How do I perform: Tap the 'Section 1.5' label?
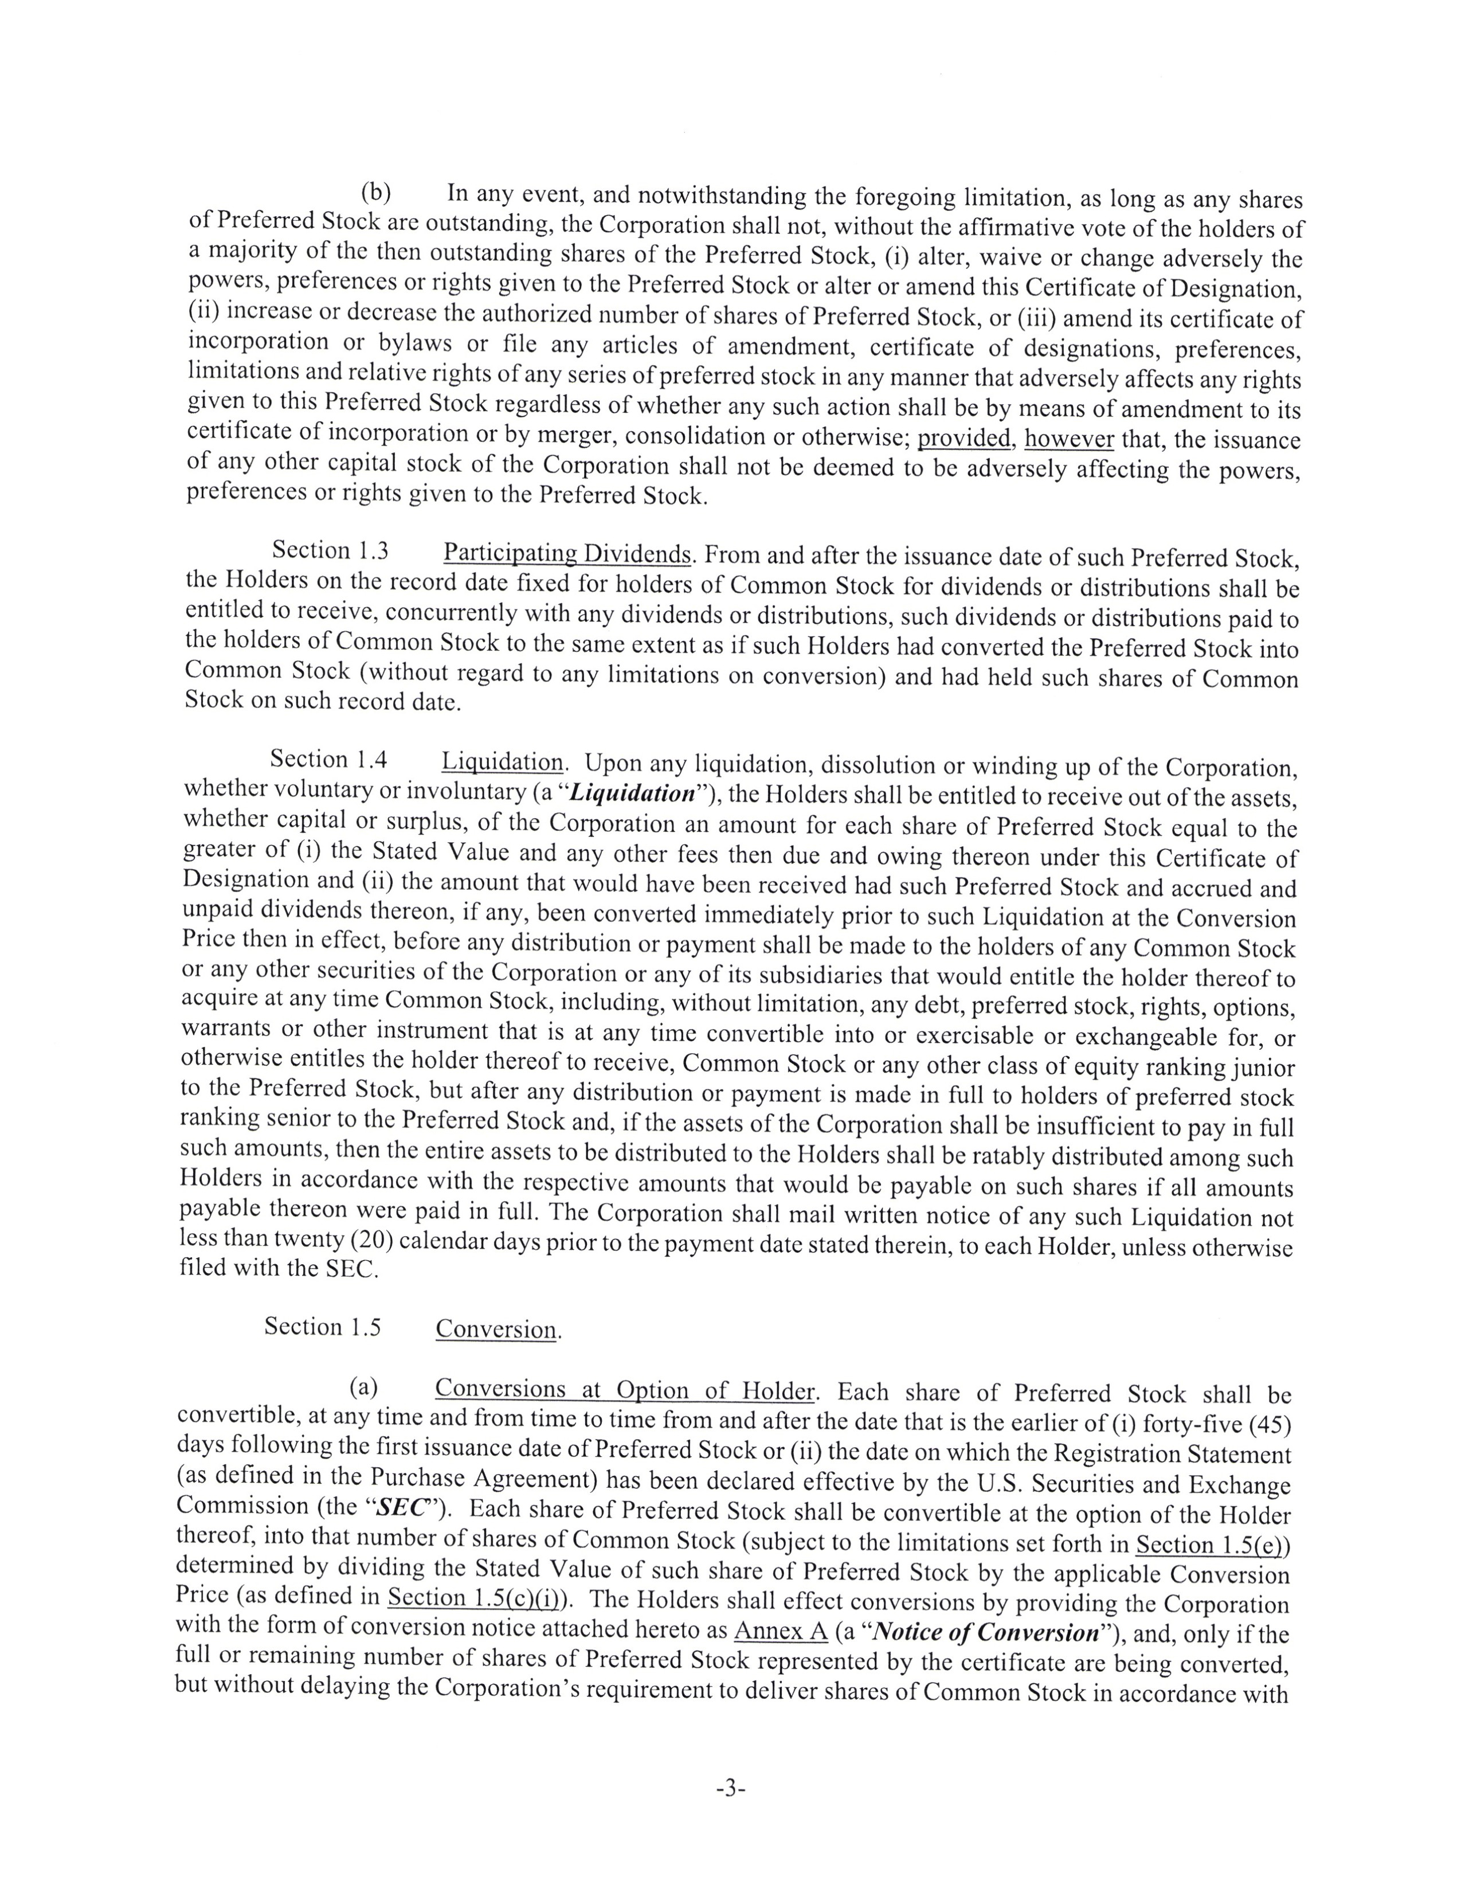(322, 1327)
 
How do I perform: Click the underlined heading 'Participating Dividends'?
(567, 554)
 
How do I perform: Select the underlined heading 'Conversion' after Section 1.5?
(496, 1330)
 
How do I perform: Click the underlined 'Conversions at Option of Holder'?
(624, 1390)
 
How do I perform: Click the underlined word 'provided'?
(965, 439)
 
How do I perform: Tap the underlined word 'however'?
(1069, 439)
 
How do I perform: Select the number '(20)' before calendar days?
(371, 1241)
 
